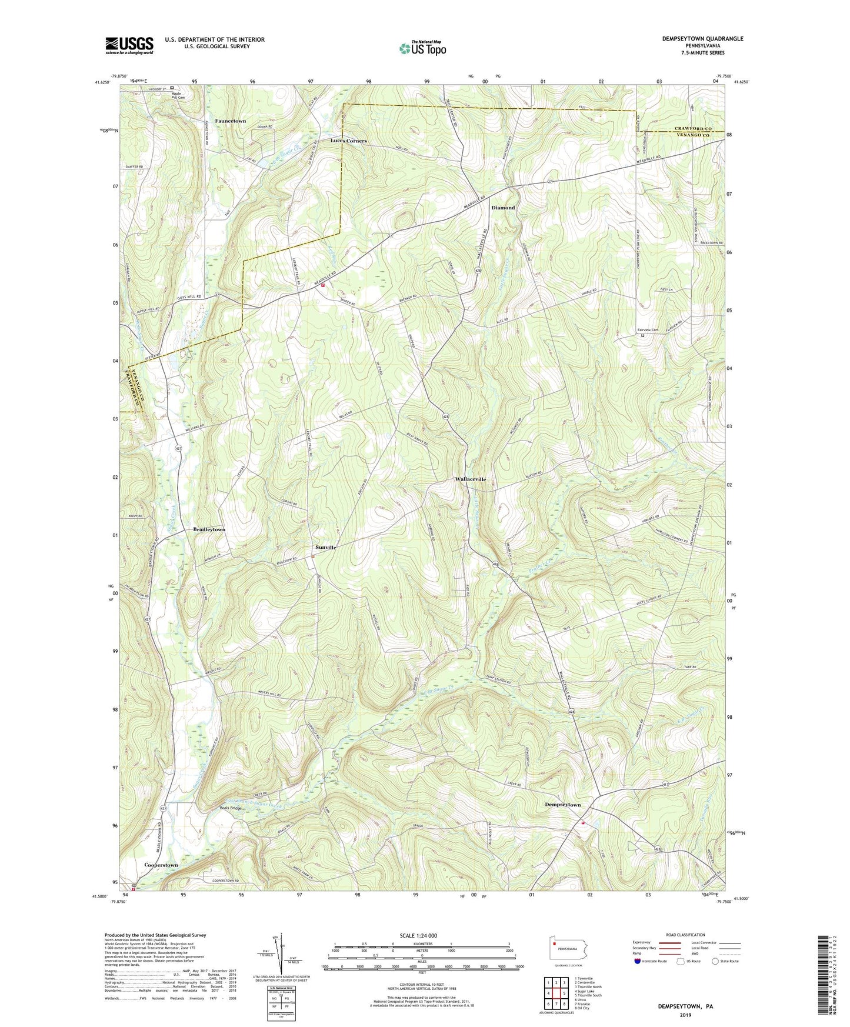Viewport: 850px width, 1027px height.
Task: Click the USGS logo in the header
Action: [x=129, y=45]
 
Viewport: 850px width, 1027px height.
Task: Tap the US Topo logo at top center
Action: [x=422, y=48]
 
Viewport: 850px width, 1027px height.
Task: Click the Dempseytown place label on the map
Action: [x=562, y=805]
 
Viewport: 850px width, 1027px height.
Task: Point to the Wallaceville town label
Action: [x=470, y=479]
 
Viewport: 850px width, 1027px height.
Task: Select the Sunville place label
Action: [x=324, y=548]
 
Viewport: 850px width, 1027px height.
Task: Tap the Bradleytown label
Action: [x=209, y=530]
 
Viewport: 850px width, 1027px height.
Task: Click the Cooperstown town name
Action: [x=161, y=865]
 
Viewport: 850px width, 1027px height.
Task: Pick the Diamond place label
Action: [x=503, y=208]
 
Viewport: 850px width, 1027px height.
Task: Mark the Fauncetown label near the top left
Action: [x=230, y=121]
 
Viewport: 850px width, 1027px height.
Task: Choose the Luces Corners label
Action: [x=348, y=141]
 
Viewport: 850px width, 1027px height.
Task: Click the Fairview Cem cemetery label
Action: [x=648, y=330]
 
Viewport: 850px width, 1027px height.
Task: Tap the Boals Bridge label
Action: [x=231, y=809]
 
